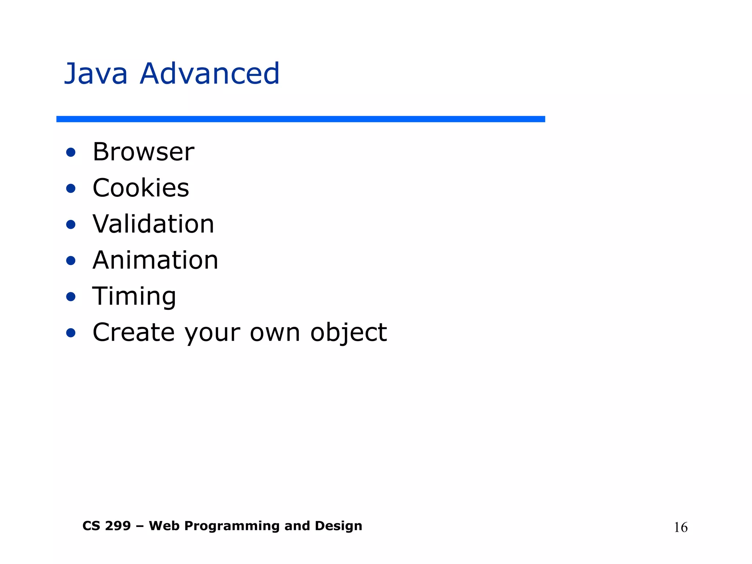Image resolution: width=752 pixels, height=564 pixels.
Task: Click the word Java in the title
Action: (96, 74)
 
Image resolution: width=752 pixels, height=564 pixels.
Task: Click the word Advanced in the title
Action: (210, 74)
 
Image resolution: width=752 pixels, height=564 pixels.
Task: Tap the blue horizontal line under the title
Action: (300, 119)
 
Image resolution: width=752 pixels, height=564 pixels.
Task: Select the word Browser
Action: (143, 152)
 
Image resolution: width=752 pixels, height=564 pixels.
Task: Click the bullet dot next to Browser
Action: (71, 152)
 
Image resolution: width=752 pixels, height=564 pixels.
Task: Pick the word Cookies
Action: (141, 188)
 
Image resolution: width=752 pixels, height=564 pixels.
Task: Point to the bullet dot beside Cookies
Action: (71, 188)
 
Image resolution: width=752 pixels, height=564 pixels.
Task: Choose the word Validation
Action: (153, 224)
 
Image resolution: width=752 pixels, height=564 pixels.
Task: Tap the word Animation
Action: (155, 260)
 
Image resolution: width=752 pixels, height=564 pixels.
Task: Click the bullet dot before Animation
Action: (71, 261)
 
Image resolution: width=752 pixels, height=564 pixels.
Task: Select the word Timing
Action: (134, 296)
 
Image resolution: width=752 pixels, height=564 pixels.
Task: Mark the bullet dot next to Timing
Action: (71, 297)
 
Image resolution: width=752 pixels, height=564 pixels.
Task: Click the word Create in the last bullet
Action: (133, 332)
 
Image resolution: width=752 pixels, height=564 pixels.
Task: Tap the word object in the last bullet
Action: (348, 333)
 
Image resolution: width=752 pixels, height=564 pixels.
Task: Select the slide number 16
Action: (680, 528)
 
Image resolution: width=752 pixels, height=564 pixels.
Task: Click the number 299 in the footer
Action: (117, 526)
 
